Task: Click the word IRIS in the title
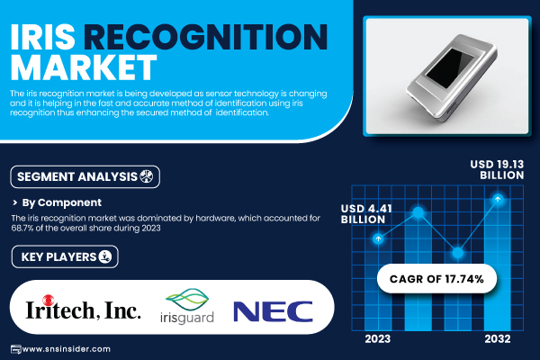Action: [42, 37]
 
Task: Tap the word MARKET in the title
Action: [84, 67]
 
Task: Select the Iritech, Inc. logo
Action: [83, 308]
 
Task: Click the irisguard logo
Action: [187, 307]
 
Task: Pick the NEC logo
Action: [273, 311]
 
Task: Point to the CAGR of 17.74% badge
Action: [436, 279]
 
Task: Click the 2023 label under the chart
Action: [378, 339]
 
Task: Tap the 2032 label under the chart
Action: [498, 339]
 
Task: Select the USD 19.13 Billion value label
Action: [497, 169]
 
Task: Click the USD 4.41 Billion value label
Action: [366, 214]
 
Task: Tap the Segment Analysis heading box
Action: [85, 176]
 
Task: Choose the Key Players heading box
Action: [65, 256]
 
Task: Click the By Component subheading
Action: [61, 202]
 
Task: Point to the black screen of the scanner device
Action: [449, 67]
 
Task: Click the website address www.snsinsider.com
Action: [66, 349]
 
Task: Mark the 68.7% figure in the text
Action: [22, 228]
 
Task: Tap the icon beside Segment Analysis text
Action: [146, 176]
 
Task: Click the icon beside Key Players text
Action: [105, 256]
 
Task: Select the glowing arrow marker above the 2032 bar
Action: [498, 199]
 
